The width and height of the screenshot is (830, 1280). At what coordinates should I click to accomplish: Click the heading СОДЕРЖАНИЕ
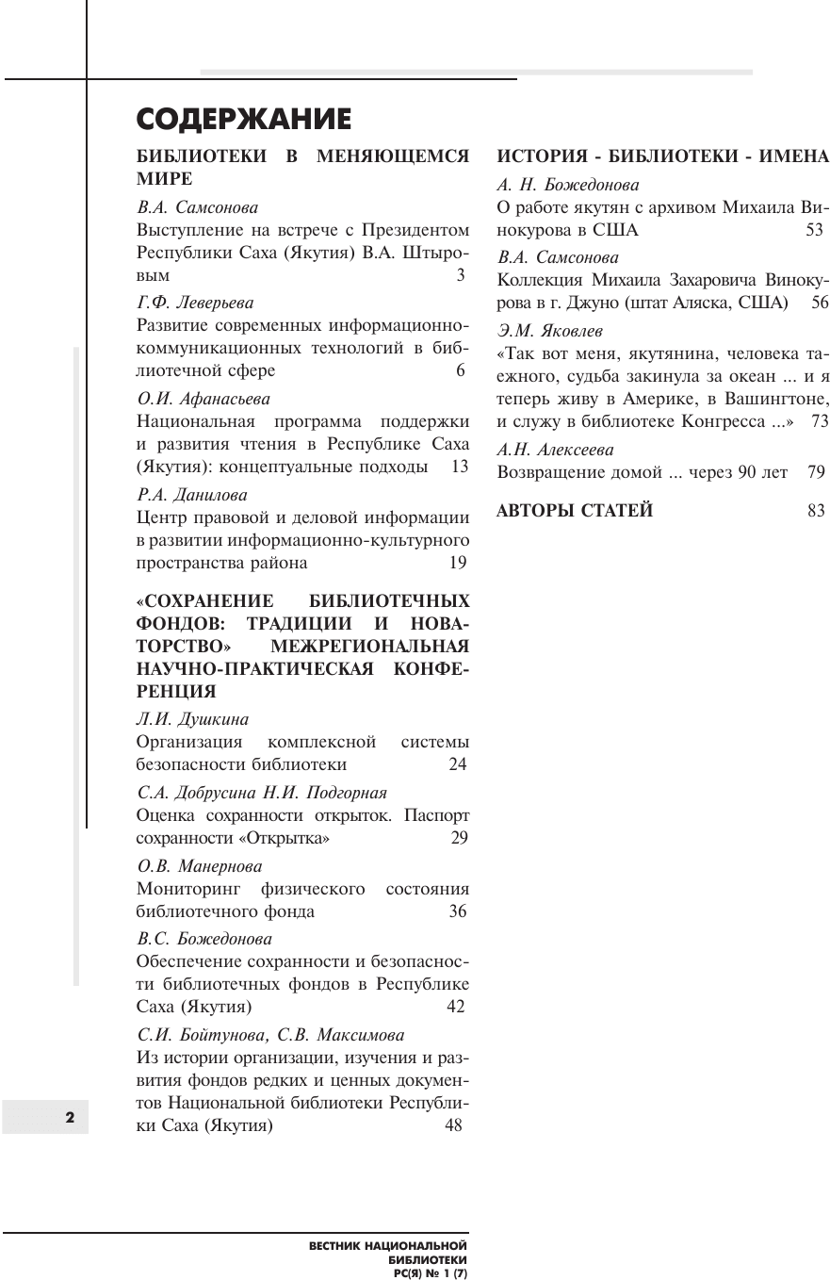[244, 120]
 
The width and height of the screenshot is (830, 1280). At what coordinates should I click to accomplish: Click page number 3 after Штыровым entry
[461, 276]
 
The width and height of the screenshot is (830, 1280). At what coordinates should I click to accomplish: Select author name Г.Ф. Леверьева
[195, 303]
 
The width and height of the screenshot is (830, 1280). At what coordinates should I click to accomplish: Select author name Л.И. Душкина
[193, 719]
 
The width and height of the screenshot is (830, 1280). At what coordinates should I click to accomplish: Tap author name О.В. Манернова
[200, 865]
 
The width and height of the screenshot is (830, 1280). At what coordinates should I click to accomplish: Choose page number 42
[456, 1007]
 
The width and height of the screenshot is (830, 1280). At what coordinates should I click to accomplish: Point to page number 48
[453, 1125]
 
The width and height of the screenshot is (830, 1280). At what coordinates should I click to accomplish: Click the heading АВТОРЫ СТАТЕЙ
[575, 511]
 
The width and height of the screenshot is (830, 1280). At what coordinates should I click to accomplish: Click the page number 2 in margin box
[69, 1117]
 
